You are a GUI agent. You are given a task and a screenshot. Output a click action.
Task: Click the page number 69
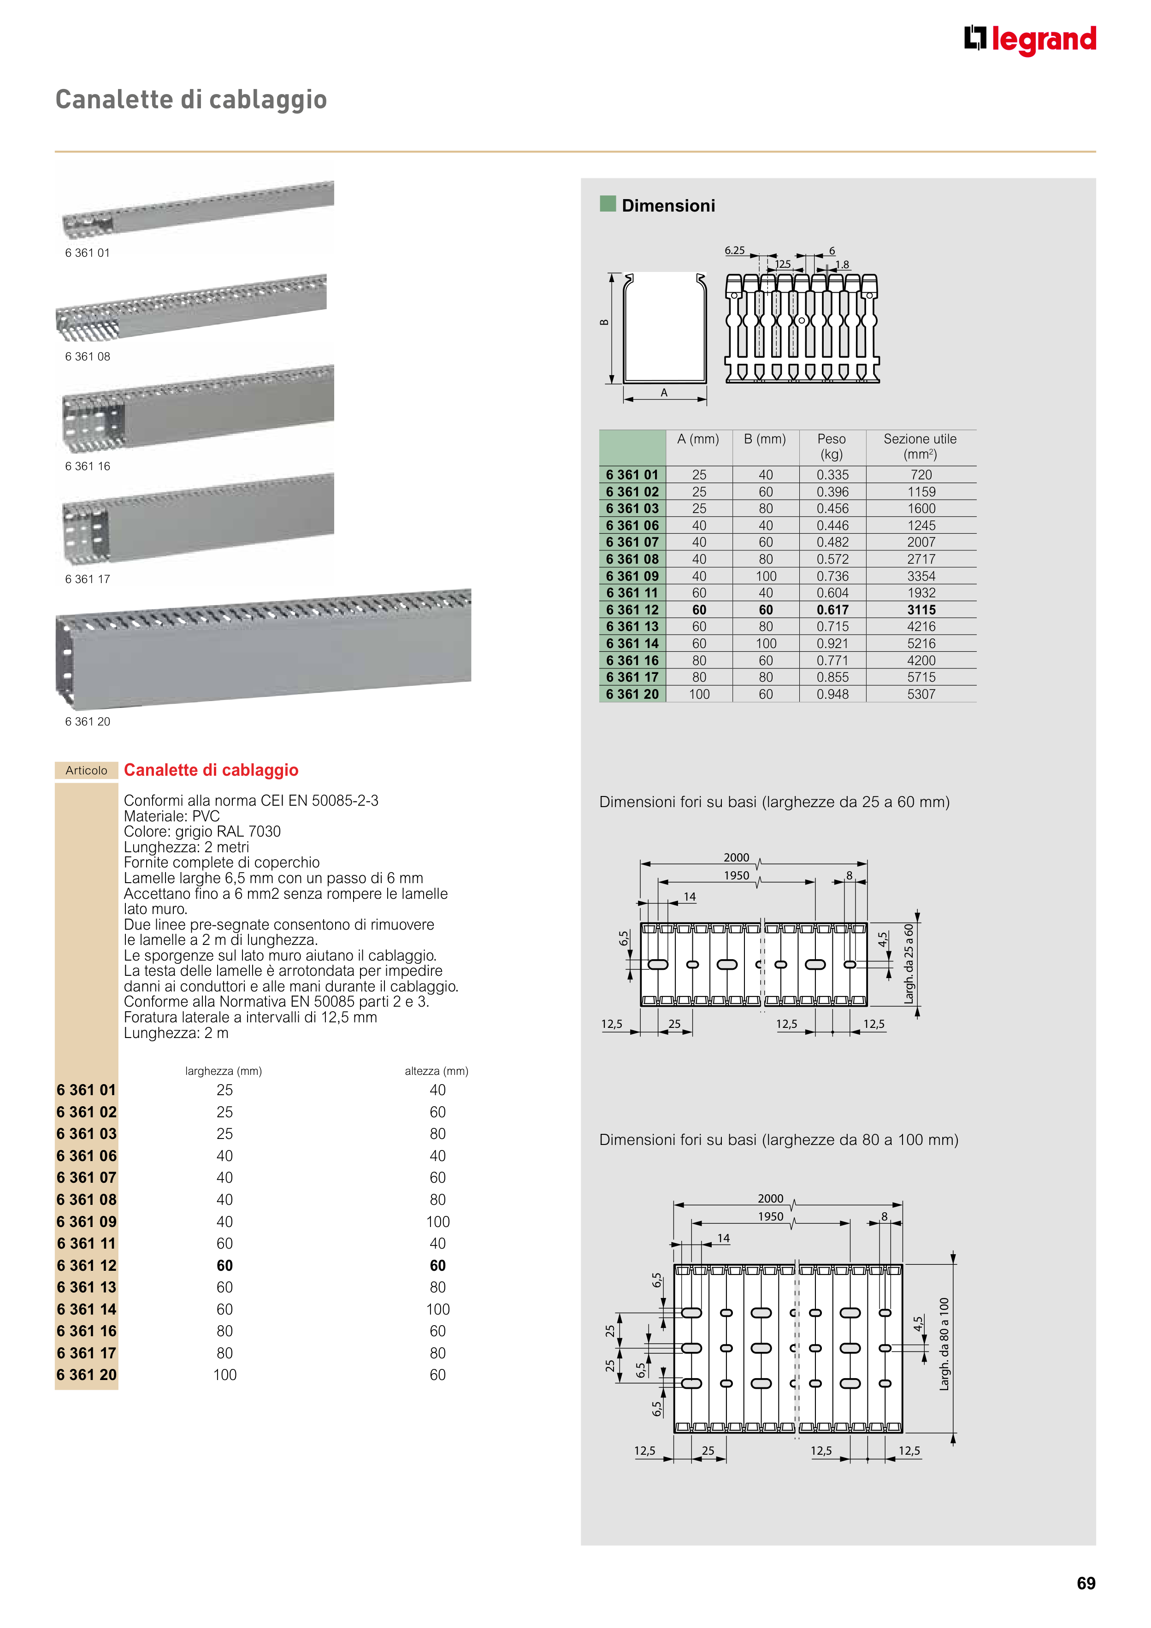(1085, 1583)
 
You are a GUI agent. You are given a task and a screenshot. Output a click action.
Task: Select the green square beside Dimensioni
(608, 204)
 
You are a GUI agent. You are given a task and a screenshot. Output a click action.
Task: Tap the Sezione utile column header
(920, 446)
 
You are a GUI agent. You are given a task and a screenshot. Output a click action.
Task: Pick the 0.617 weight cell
(832, 610)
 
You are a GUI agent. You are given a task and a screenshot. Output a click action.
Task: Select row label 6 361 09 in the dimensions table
(632, 576)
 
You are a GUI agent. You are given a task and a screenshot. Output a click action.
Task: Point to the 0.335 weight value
(832, 475)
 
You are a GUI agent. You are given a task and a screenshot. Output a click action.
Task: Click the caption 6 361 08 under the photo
(88, 357)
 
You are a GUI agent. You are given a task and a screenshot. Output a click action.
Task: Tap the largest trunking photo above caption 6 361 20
(263, 649)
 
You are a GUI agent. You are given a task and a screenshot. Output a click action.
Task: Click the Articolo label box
(87, 770)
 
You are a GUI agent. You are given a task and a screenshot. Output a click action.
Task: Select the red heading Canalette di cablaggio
(211, 770)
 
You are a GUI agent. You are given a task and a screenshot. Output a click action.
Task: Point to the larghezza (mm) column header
(224, 1071)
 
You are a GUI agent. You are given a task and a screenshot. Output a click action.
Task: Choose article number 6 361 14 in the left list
(87, 1309)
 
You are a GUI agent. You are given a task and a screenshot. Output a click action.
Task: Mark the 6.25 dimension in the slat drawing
(735, 250)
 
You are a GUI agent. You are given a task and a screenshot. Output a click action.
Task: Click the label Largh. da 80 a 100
(944, 1344)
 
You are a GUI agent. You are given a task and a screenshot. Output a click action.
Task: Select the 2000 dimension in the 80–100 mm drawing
(770, 1198)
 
